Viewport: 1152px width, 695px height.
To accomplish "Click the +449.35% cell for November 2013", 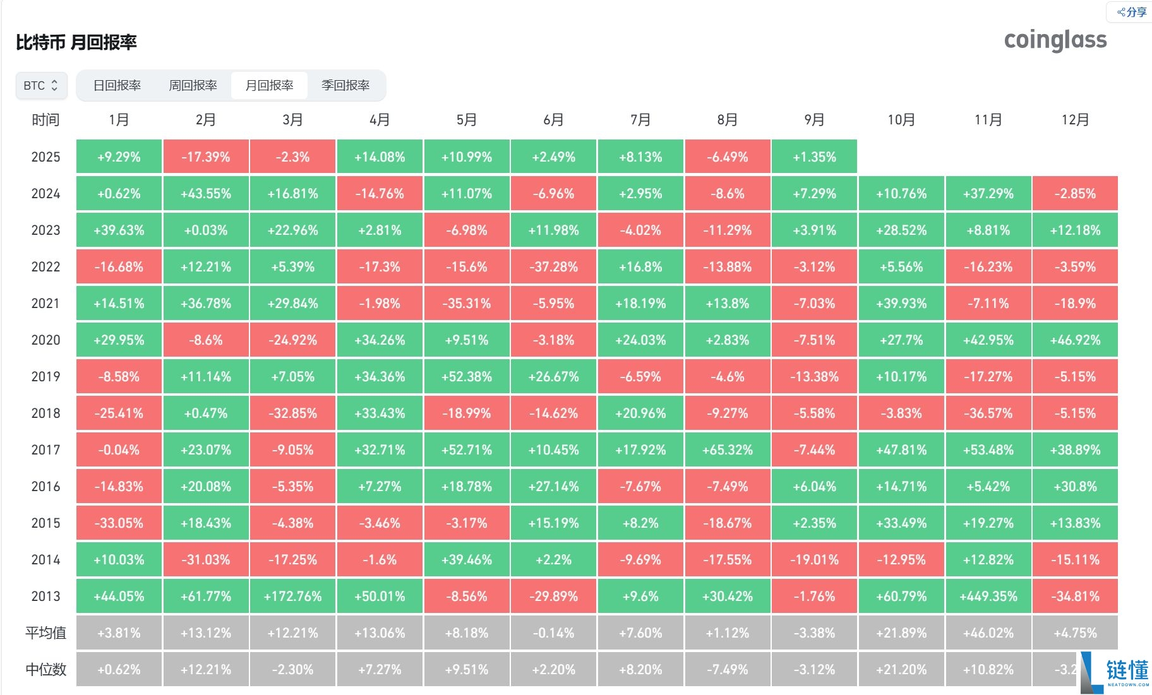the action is pos(988,597).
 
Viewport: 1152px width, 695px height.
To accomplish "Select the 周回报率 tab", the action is pos(193,85).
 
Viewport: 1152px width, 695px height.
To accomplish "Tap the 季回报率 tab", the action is pos(345,85).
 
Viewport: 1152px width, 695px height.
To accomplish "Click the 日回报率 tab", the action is pos(117,85).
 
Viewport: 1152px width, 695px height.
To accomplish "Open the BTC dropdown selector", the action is pos(41,85).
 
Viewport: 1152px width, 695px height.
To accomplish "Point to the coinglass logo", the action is pos(1055,40).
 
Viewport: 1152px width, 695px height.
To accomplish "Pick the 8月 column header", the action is pos(727,120).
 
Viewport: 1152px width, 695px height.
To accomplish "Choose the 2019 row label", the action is pos(45,377).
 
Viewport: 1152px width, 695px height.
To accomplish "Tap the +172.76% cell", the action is pos(292,597).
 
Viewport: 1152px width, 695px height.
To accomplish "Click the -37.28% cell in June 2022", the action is pos(553,267).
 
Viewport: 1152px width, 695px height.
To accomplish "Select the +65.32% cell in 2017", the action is pos(727,450).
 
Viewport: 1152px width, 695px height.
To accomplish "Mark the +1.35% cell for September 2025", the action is pos(814,157).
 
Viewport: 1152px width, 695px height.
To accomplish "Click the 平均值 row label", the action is pos(45,633).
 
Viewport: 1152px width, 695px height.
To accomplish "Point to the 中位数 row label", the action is pos(45,670).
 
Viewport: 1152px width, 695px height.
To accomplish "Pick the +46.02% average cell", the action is pos(988,633).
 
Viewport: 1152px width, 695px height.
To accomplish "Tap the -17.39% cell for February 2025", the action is pos(206,157).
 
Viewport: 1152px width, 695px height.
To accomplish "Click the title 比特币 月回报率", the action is pos(76,42).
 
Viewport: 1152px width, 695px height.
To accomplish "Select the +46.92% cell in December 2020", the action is pos(1075,340).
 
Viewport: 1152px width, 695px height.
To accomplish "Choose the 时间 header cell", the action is pos(45,120).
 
